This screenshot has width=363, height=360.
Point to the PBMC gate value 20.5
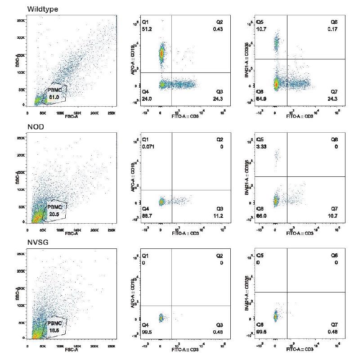[54, 213]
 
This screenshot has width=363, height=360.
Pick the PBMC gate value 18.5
[54, 330]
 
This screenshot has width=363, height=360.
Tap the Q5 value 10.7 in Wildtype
[261, 29]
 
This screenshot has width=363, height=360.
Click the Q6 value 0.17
[333, 29]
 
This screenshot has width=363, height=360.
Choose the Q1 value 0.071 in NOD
[148, 147]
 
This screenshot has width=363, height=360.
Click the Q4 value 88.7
[147, 216]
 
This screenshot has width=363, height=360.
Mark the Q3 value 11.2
[220, 216]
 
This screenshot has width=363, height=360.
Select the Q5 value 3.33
[261, 147]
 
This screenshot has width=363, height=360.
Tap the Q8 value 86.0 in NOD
[261, 216]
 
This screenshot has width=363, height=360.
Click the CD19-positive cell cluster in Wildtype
[162, 54]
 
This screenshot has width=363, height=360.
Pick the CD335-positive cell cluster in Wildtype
[276, 43]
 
